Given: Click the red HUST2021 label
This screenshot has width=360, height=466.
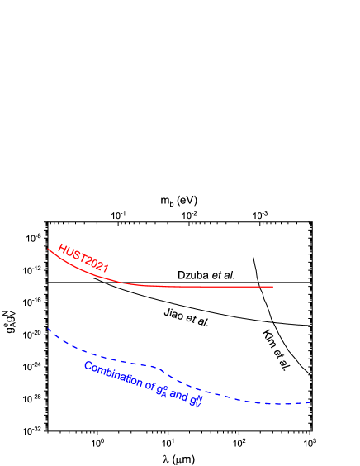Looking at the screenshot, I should click(83, 259).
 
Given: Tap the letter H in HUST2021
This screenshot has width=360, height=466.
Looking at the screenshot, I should click(62, 249).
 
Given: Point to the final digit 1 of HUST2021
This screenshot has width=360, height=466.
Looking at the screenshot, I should click(106, 269).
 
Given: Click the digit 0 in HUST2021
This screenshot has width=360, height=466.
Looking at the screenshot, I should click(93, 263).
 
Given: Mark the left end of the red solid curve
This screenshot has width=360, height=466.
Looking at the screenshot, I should click(48, 249).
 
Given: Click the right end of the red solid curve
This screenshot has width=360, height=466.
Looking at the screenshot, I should click(272, 287).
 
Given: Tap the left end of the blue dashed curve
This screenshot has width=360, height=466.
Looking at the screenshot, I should click(48, 328).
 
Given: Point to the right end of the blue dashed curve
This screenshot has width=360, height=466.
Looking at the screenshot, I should click(310, 402).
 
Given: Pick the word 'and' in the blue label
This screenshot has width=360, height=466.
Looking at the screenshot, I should click(178, 396).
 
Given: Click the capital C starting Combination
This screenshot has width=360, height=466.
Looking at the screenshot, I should click(88, 365).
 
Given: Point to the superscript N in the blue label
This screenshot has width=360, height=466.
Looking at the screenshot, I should click(199, 397).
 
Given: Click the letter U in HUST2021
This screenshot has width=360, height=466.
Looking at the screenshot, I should click(69, 252).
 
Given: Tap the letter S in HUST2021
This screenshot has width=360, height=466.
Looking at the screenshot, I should click(75, 254).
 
